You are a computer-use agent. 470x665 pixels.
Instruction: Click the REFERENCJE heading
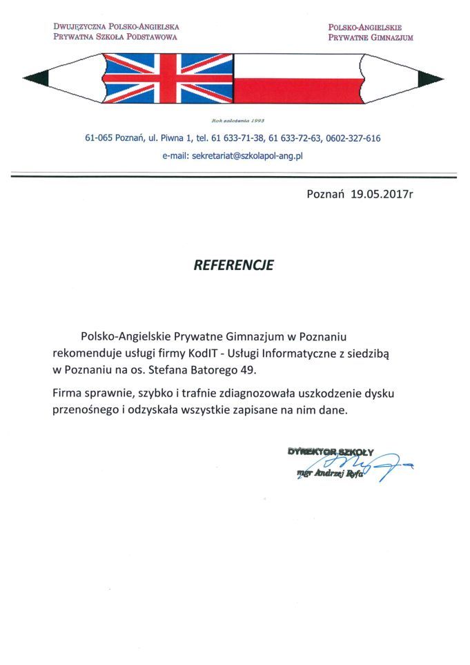point(233,265)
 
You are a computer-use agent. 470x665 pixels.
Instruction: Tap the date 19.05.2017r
point(382,195)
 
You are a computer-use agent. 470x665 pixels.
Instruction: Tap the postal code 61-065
point(99,138)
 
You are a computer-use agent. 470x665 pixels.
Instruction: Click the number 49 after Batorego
point(247,370)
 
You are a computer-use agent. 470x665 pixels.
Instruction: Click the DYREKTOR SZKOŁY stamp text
point(331,452)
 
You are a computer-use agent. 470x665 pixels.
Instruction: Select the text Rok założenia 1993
point(234,119)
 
